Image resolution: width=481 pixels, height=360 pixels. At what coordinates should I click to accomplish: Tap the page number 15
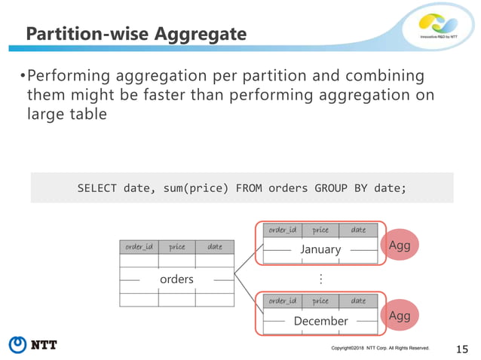[x=463, y=347]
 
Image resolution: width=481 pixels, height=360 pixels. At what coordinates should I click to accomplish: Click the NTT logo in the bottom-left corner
[x=33, y=345]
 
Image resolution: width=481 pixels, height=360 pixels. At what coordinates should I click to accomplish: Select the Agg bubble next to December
[x=399, y=316]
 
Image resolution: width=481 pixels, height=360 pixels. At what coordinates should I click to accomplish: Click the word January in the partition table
[x=320, y=249]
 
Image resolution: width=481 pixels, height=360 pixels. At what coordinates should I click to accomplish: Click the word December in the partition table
[x=320, y=321]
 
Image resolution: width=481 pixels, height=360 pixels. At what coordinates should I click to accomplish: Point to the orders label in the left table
[x=176, y=279]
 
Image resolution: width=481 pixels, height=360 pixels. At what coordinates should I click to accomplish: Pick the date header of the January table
[x=358, y=230]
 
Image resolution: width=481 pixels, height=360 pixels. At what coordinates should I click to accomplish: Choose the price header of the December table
[x=320, y=301]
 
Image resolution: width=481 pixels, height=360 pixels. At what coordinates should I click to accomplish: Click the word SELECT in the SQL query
[x=97, y=188]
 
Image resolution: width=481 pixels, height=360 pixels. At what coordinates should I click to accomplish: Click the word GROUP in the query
[x=326, y=188]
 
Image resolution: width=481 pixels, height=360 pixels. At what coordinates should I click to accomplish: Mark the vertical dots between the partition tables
[x=320, y=279]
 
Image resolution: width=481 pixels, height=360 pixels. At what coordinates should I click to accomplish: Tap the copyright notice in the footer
[x=380, y=348]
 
